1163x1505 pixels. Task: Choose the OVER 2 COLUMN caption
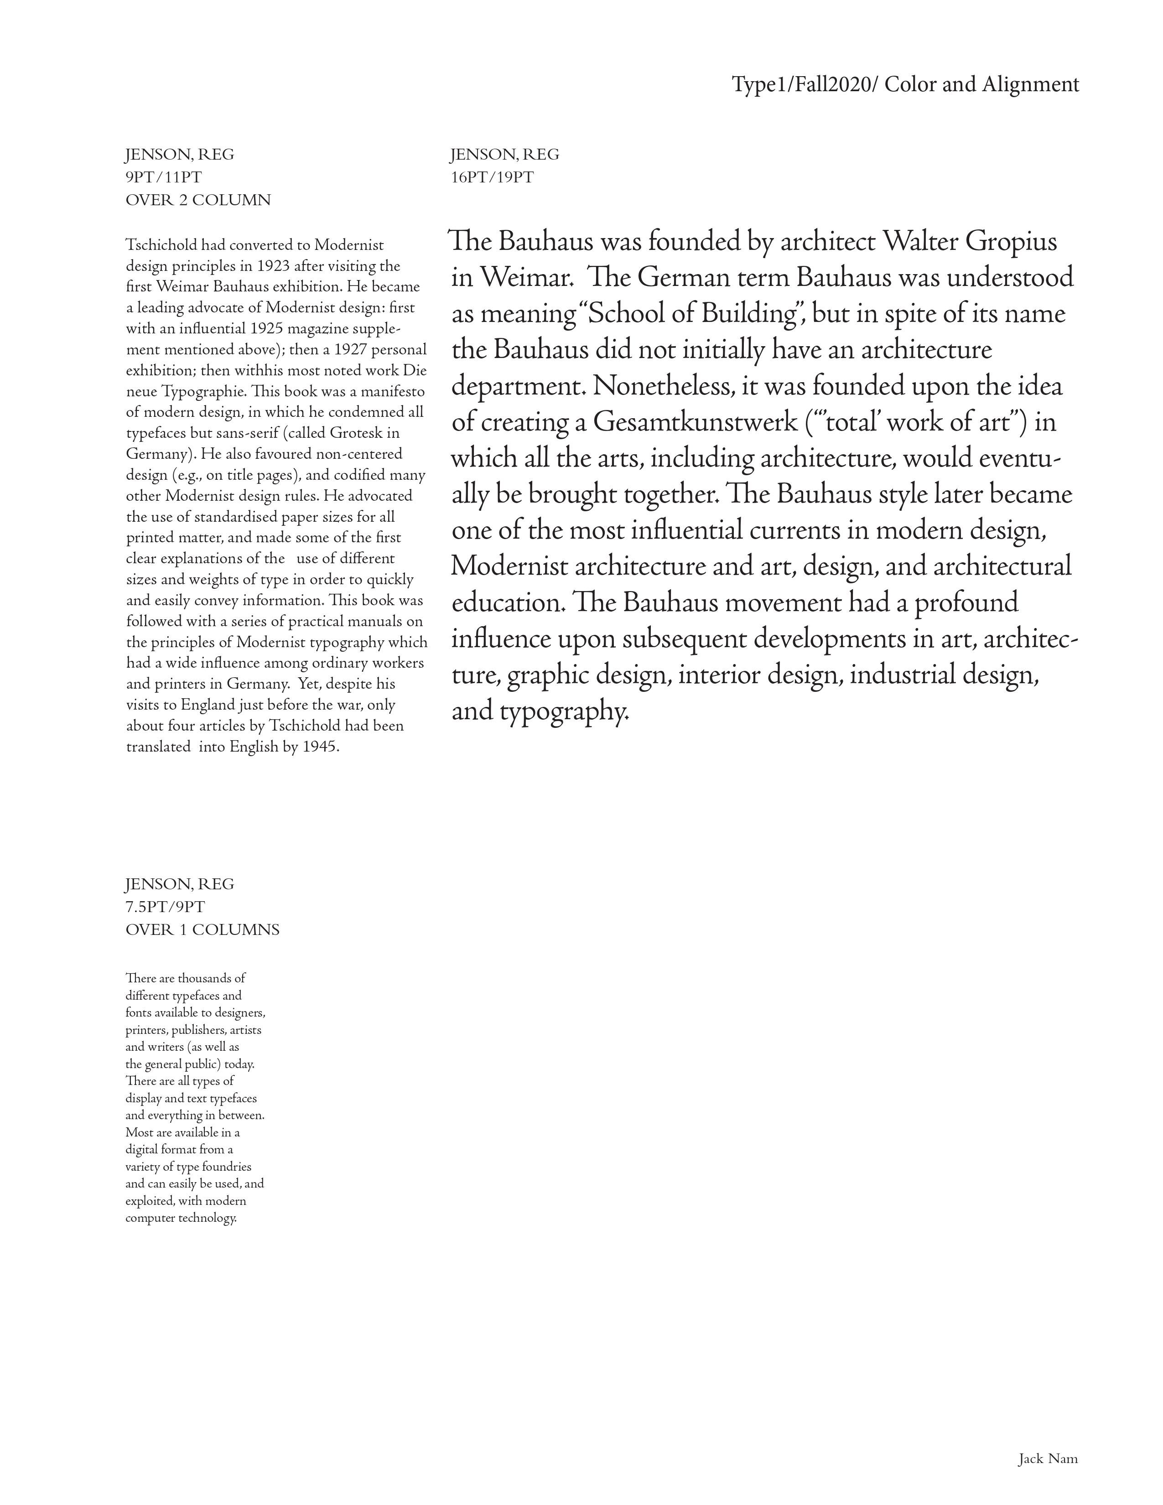tap(198, 201)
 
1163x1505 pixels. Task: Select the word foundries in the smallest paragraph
tap(228, 1167)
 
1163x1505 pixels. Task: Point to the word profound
tap(966, 603)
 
